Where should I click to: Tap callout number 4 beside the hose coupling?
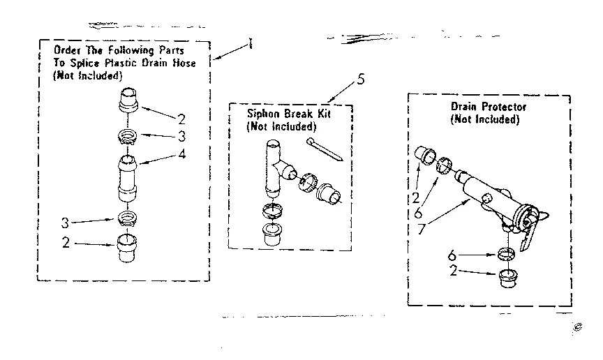(x=181, y=155)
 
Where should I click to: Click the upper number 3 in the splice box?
(x=181, y=135)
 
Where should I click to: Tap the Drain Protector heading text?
(x=488, y=107)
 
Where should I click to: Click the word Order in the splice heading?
(x=67, y=51)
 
